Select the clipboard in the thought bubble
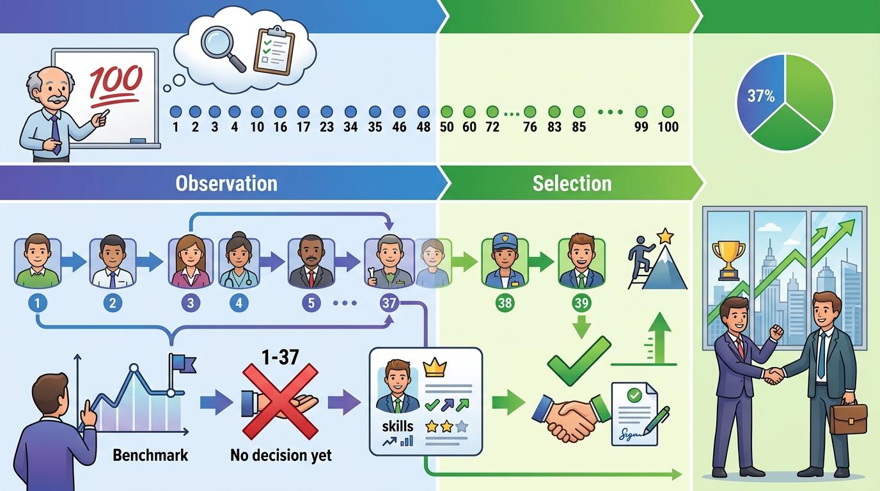point(274,51)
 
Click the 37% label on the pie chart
point(760,96)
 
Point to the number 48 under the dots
point(423,127)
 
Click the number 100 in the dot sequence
point(668,127)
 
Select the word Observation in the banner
point(226,183)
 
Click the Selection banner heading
point(572,183)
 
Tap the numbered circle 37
point(389,302)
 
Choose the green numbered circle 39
point(581,302)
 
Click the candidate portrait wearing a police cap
point(505,262)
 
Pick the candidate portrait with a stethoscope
point(239,261)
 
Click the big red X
point(279,400)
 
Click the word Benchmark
point(150,455)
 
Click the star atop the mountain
point(665,236)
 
